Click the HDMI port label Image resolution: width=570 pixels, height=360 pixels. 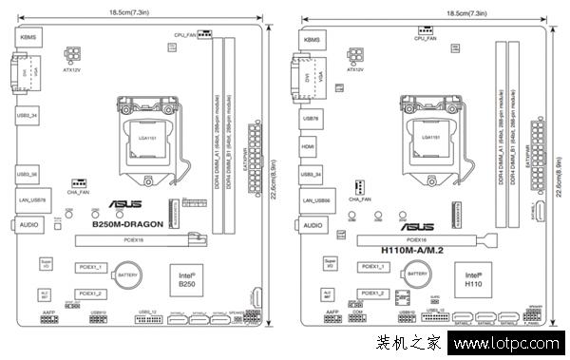point(309,147)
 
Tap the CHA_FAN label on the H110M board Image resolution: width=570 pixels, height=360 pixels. point(360,199)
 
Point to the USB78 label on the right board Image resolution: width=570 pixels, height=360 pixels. point(310,119)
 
